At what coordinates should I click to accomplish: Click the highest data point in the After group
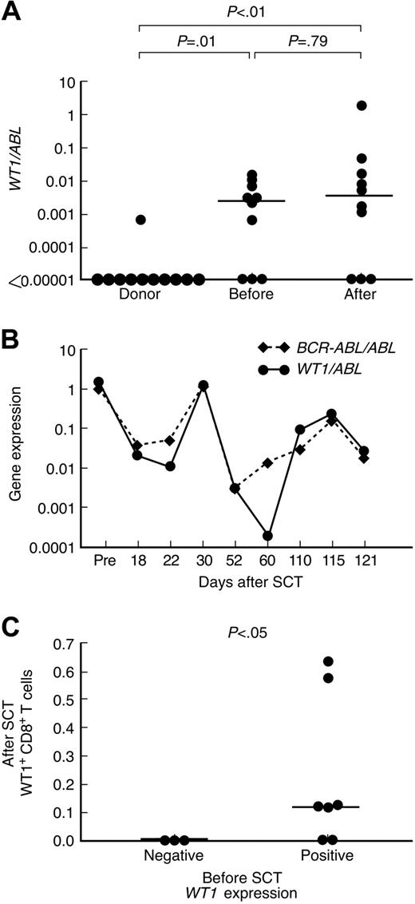pos(362,105)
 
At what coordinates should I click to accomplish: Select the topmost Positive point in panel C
pos(350,661)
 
